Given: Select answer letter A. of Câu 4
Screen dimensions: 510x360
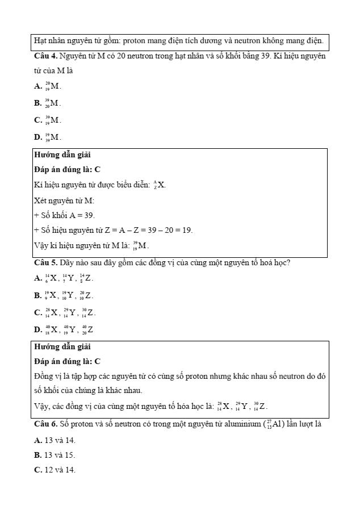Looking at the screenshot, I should (38, 86).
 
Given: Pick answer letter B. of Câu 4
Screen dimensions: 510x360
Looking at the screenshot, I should (38, 103).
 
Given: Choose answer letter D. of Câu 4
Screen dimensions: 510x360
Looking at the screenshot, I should (38, 137).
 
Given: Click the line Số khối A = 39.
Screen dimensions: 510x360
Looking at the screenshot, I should (67, 215).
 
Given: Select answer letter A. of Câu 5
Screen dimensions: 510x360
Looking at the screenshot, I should (38, 278).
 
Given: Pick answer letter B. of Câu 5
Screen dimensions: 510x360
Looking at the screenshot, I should (38, 295).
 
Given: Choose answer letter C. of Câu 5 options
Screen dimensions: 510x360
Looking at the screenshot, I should (38, 312).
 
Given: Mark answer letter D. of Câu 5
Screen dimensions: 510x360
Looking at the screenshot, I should (38, 329).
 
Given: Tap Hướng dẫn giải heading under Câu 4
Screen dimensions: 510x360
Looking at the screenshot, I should (62, 154).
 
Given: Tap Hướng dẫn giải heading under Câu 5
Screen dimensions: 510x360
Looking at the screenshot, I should (62, 346).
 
